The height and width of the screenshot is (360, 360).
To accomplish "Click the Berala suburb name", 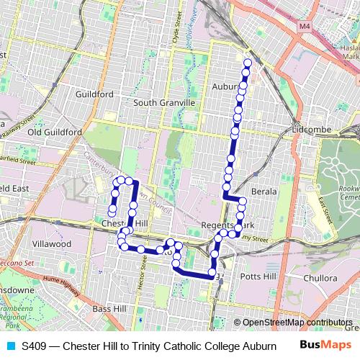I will [x=264, y=192].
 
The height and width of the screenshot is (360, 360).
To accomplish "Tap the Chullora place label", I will [x=320, y=277].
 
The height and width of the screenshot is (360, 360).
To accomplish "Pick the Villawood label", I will [x=53, y=244].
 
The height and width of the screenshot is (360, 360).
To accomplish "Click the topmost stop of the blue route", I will [x=248, y=63].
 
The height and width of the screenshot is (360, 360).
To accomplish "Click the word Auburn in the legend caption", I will [x=260, y=346].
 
